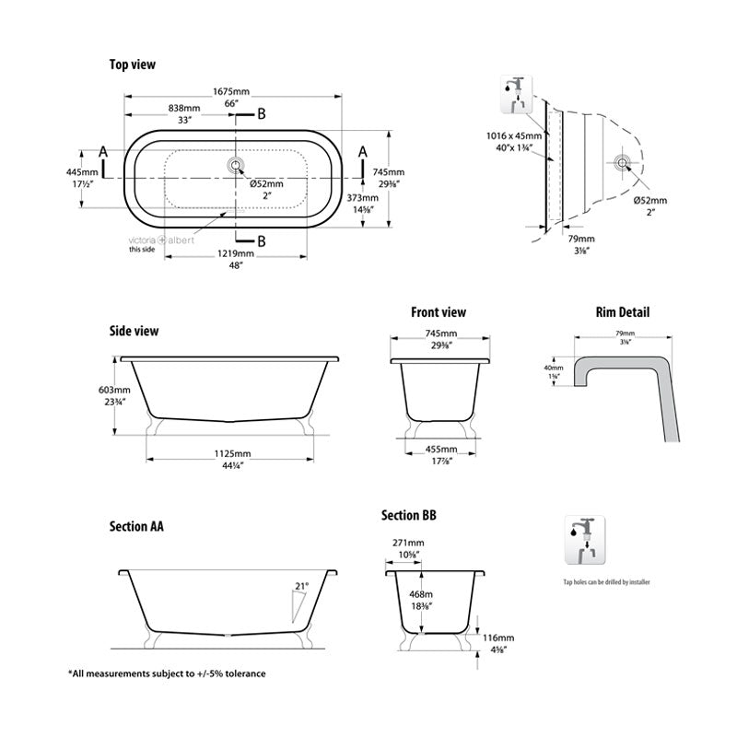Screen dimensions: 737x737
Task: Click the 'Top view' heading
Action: point(133,64)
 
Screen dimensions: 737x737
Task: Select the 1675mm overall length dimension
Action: point(231,92)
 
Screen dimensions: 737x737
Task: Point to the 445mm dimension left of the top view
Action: point(82,172)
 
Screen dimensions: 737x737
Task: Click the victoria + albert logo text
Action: point(147,240)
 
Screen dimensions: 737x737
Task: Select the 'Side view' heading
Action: point(135,330)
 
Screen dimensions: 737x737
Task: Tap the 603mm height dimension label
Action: point(116,390)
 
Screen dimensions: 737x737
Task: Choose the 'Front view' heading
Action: point(439,312)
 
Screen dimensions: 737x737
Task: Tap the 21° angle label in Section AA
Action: point(300,585)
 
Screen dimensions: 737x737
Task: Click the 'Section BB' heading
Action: point(409,515)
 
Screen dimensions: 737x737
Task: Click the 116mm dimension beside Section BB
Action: point(500,638)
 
